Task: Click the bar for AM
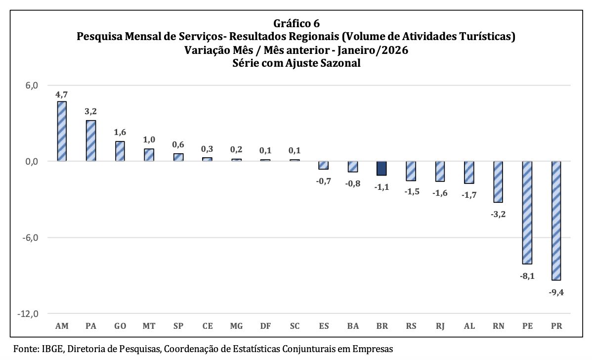[x=62, y=131]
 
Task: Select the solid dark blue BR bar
[x=381, y=168]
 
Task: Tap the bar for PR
[x=556, y=221]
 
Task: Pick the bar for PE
[x=527, y=213]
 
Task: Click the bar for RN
[x=498, y=181]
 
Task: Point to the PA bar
[x=91, y=140]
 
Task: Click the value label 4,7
[x=61, y=94]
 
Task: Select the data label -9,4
[x=556, y=292]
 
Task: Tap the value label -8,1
[x=527, y=276]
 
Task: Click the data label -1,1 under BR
[x=381, y=187]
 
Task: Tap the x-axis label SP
[x=178, y=326]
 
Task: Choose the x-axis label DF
[x=265, y=326]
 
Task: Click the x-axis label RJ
[x=440, y=326]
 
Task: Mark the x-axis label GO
[x=120, y=326]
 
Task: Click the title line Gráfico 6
[x=296, y=23]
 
